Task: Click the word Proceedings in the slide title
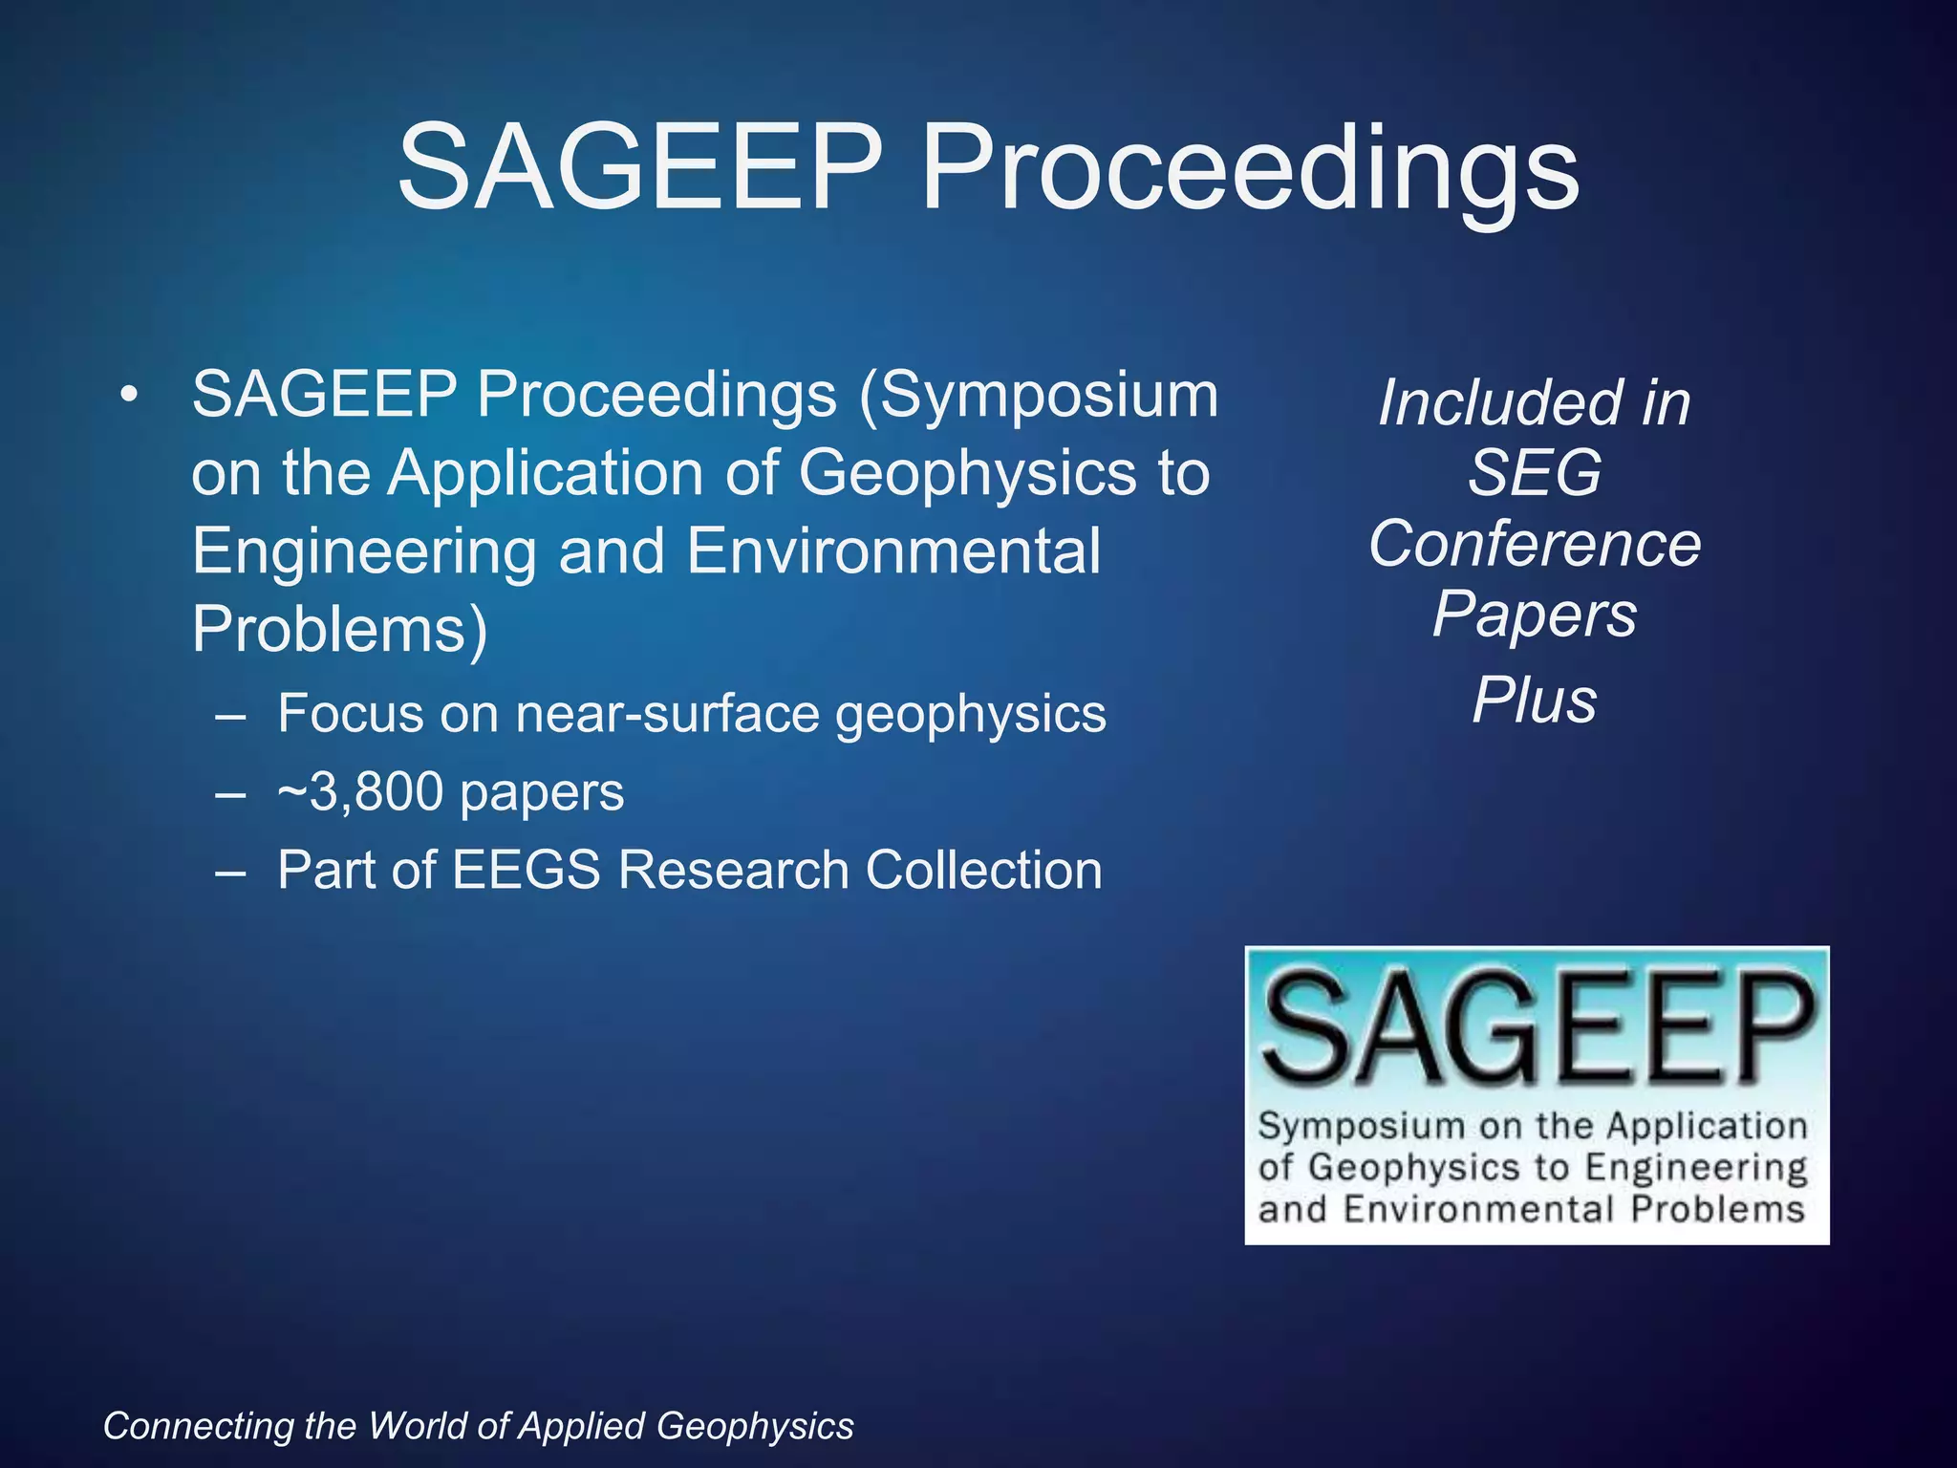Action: click(1248, 170)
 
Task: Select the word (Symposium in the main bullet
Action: click(1038, 396)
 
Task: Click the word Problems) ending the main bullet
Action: click(339, 629)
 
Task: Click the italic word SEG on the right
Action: click(1534, 473)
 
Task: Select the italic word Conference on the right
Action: click(1534, 544)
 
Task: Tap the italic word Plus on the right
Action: click(1534, 701)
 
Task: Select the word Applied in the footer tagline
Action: click(583, 1426)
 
